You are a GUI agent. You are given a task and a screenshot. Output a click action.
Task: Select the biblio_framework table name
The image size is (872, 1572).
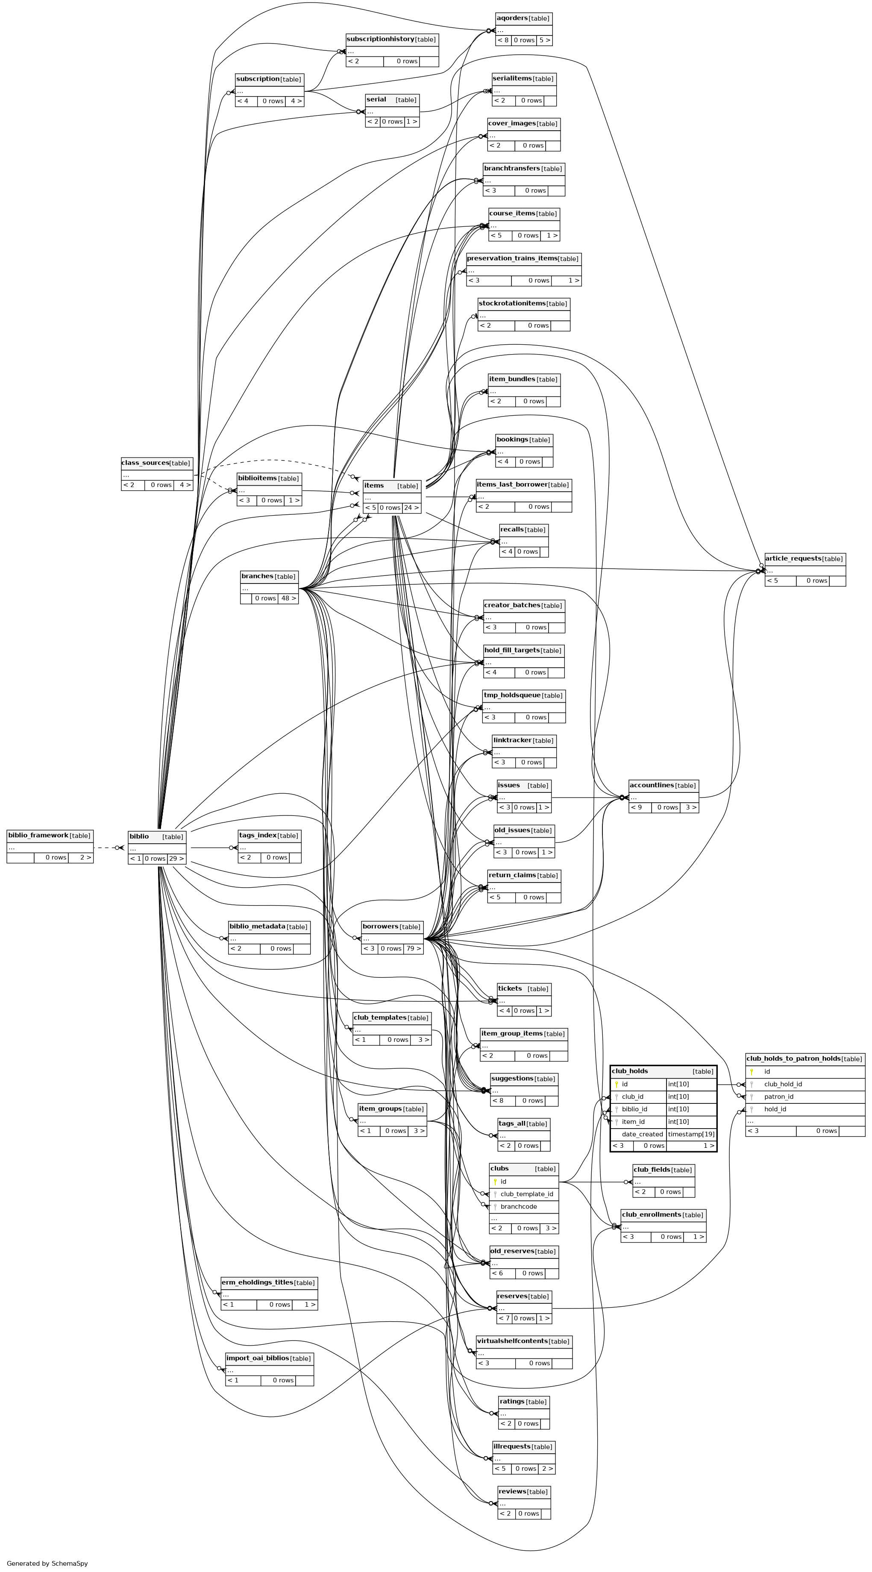click(38, 835)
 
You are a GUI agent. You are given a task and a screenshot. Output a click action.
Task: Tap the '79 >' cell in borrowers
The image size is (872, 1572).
click(414, 948)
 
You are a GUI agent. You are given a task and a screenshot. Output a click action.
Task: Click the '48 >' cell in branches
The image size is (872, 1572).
click(288, 598)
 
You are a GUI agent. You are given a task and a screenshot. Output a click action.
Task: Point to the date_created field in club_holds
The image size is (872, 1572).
click(642, 1134)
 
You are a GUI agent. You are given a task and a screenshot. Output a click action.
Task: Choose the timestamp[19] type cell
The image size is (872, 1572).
click(691, 1134)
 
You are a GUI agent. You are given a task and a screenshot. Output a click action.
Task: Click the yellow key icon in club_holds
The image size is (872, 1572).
click(617, 1085)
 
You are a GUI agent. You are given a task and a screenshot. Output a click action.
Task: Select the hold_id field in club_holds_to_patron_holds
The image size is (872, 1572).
click(775, 1109)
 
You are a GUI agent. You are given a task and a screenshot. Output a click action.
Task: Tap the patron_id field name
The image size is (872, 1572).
click(778, 1097)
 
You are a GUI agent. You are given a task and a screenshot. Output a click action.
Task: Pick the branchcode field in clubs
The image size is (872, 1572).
click(519, 1206)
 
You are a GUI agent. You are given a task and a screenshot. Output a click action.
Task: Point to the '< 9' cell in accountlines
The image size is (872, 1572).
click(637, 807)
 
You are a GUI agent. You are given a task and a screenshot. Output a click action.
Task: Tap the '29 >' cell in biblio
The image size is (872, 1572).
click(176, 859)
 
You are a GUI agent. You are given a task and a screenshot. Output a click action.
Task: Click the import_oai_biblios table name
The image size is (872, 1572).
click(257, 1358)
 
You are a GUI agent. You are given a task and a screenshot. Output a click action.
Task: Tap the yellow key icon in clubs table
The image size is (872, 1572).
click(495, 1182)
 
